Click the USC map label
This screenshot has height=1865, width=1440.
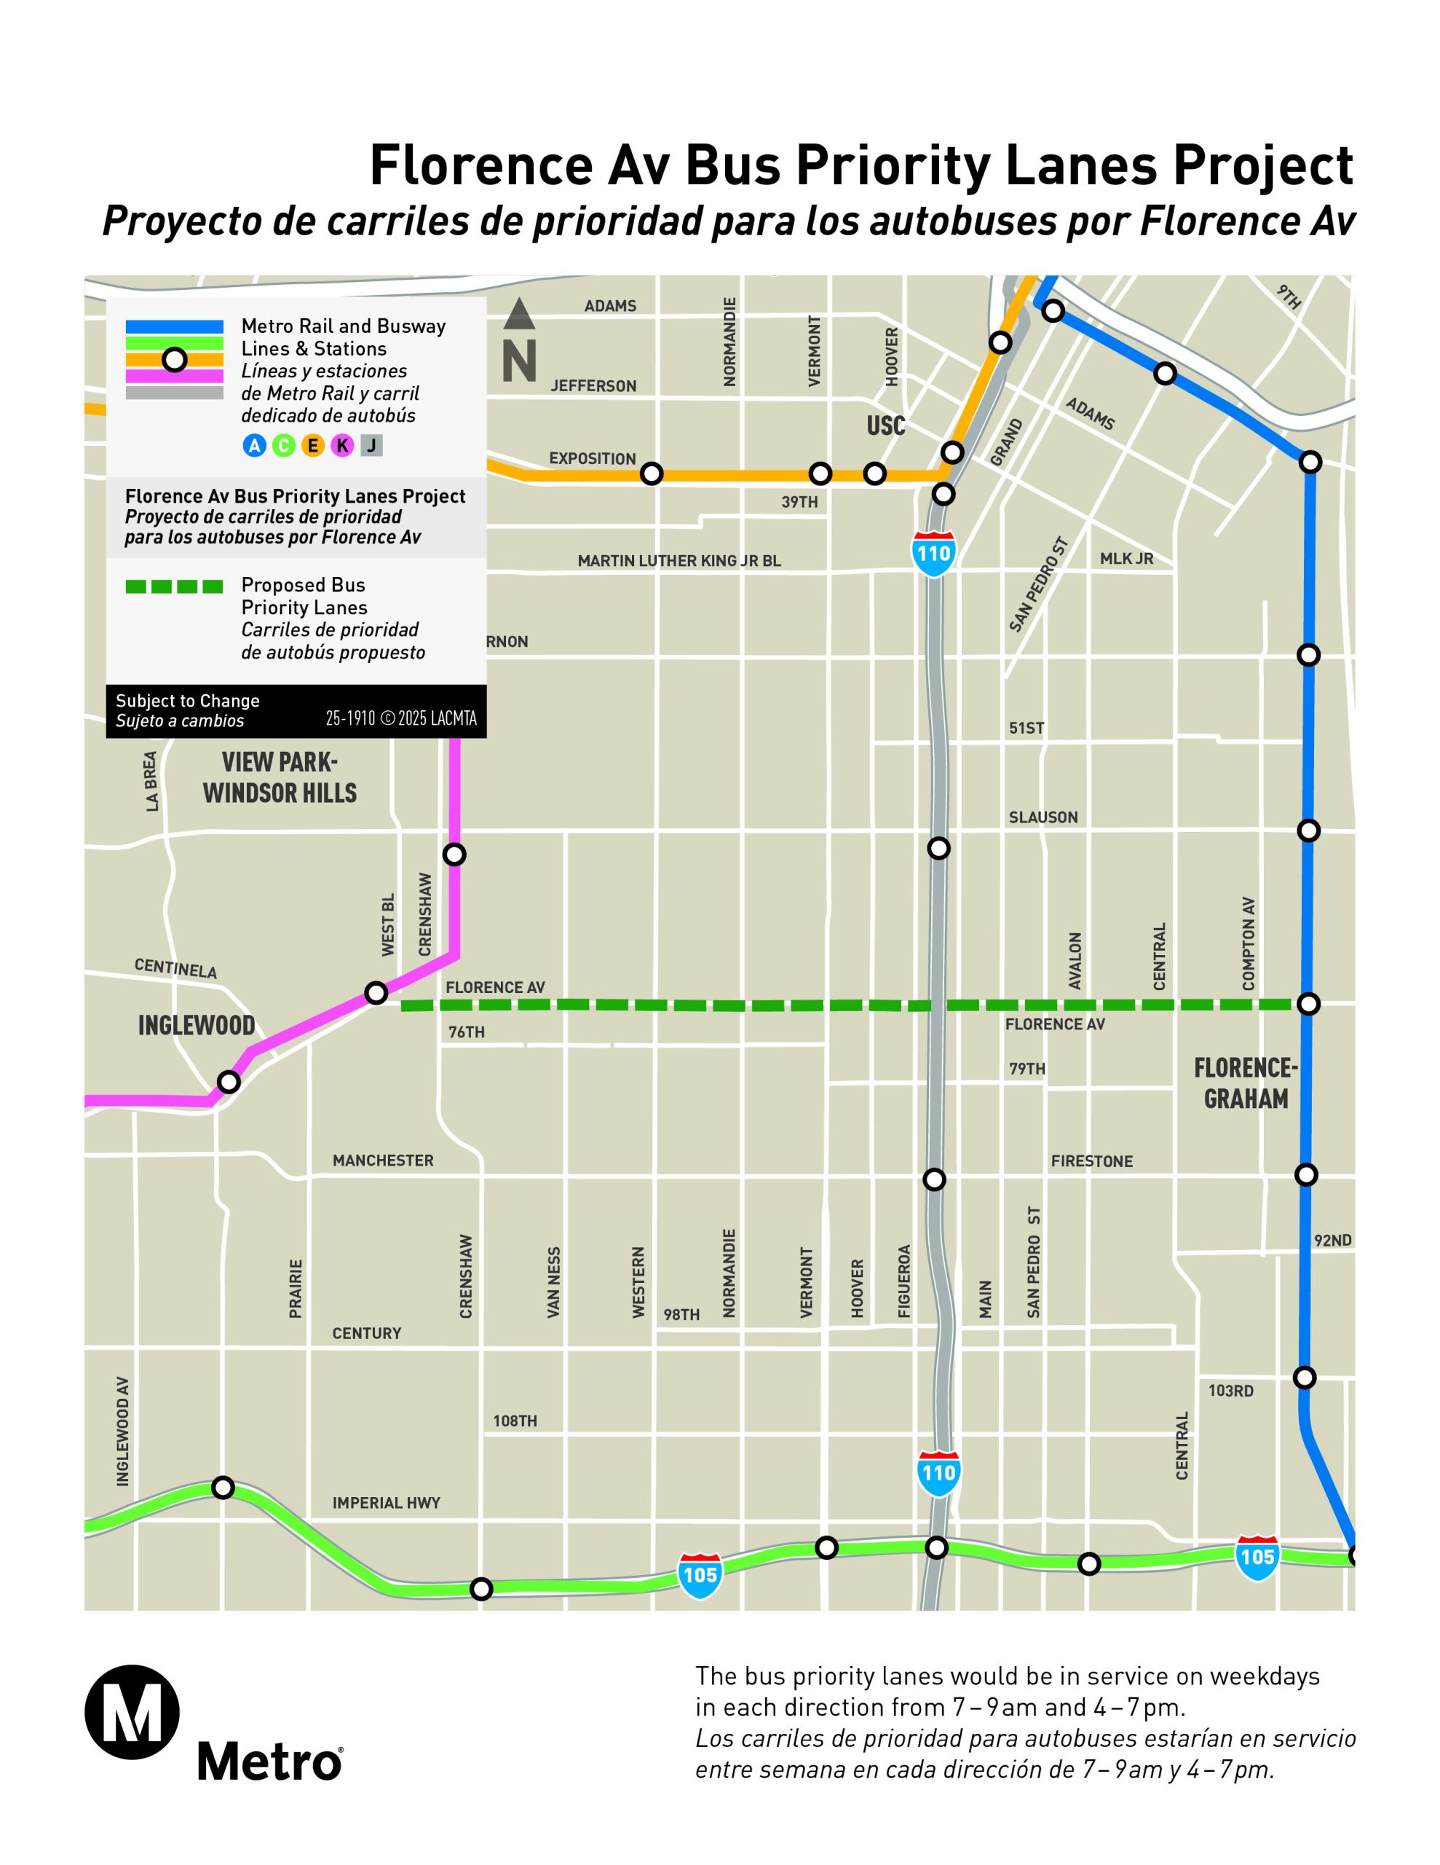[x=885, y=425]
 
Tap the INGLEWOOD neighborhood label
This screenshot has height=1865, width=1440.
[x=197, y=1025]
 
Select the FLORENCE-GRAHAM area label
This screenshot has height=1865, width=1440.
[x=1246, y=1083]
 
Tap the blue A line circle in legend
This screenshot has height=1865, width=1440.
[x=254, y=445]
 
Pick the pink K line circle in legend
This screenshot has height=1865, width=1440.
[x=342, y=445]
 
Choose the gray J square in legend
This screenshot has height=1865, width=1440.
[x=371, y=445]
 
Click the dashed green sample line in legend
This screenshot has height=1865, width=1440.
[x=174, y=586]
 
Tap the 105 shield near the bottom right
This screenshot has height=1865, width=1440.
[x=1257, y=1556]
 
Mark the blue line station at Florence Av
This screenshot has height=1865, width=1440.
[x=1308, y=1003]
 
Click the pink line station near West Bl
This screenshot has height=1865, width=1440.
[x=376, y=993]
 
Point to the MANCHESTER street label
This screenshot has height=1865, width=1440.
[x=382, y=1161]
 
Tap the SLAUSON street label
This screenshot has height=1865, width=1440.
[x=1043, y=817]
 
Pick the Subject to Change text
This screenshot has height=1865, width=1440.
[x=188, y=700]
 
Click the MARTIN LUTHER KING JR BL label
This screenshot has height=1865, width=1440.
[x=679, y=561]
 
